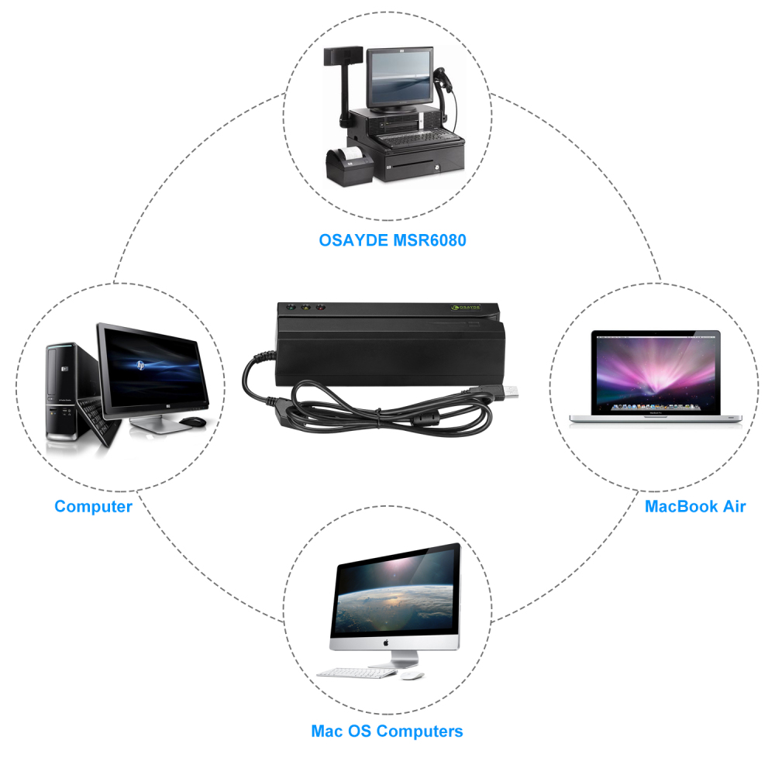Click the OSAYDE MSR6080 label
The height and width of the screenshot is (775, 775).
[392, 240]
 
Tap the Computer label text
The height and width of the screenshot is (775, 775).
[94, 507]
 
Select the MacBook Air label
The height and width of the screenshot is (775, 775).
[695, 507]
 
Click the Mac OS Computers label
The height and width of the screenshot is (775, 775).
[387, 731]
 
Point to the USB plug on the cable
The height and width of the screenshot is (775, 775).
[508, 391]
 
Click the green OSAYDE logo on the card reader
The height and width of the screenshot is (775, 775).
[466, 308]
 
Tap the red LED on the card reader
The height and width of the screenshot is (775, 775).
[320, 308]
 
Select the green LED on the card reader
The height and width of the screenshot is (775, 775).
[290, 307]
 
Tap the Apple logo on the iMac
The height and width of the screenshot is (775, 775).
[385, 642]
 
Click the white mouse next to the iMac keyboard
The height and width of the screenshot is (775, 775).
[412, 675]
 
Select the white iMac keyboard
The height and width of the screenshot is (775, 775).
[356, 673]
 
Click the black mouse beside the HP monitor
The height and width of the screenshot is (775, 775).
[193, 422]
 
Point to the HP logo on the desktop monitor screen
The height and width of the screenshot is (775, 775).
[141, 365]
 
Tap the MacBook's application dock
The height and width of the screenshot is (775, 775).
[656, 408]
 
